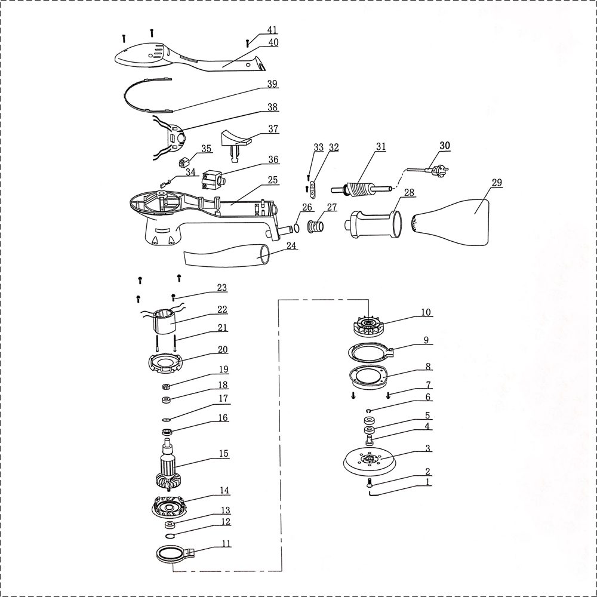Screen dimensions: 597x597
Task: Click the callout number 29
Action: pyautogui.click(x=497, y=183)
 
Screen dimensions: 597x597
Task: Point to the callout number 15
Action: pyautogui.click(x=223, y=454)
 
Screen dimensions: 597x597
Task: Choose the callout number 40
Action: pyautogui.click(x=273, y=42)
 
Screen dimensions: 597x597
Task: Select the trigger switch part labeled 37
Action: pyautogui.click(x=236, y=143)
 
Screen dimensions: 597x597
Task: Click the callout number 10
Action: pyautogui.click(x=426, y=313)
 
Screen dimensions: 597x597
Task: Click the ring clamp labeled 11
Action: pyautogui.click(x=175, y=553)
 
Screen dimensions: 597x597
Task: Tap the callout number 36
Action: pyautogui.click(x=273, y=159)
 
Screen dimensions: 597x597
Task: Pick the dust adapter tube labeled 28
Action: pyautogui.click(x=373, y=224)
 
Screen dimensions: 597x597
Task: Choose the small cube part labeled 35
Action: pyautogui.click(x=184, y=163)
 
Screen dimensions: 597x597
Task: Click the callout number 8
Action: pyautogui.click(x=428, y=367)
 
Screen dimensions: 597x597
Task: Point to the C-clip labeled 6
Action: pyautogui.click(x=368, y=411)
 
